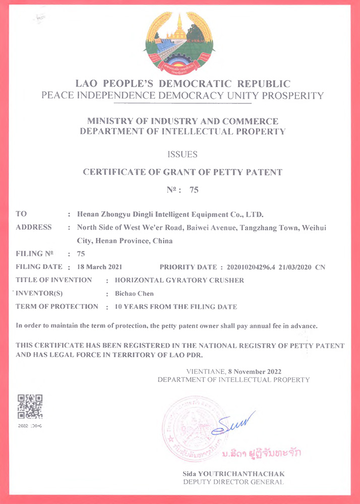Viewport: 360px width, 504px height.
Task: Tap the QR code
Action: tap(30, 407)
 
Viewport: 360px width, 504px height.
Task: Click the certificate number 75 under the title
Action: tap(194, 191)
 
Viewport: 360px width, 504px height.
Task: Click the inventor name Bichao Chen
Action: tap(134, 293)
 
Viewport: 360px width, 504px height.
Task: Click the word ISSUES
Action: tap(182, 154)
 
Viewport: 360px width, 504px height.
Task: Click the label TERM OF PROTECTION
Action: tap(57, 306)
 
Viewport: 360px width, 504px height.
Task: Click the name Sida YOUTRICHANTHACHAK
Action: tap(233, 474)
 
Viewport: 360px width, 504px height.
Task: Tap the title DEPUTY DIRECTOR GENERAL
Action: tap(233, 482)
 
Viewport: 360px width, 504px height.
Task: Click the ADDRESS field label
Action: tap(34, 227)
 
